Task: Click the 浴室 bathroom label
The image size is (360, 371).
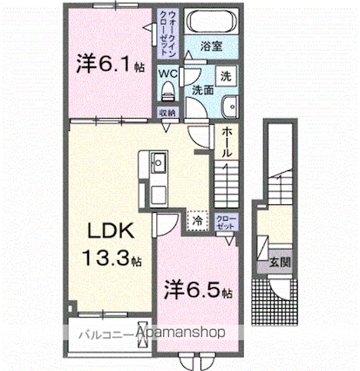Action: coord(212,46)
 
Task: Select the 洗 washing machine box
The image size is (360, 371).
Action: coord(225,76)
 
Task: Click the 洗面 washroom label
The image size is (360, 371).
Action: coord(203,90)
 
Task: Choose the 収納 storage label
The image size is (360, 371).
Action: coord(168,113)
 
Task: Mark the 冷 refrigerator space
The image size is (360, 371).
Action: coord(197,222)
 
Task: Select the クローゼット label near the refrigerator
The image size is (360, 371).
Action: coord(225,222)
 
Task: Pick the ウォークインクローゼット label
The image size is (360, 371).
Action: coord(166,30)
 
